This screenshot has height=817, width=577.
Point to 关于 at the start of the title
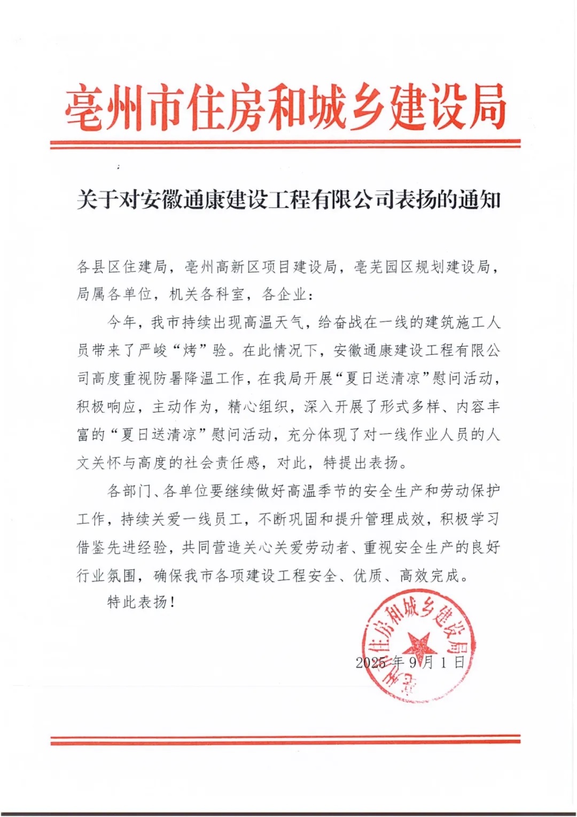[x=97, y=200]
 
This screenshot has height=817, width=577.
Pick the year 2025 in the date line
[x=371, y=663]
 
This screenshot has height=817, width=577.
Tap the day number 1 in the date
[x=443, y=663]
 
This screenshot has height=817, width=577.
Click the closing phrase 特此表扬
[x=138, y=602]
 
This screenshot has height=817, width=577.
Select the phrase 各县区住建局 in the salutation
[x=122, y=266]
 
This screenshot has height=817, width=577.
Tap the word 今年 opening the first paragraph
[x=122, y=322]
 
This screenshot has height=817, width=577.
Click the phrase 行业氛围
[x=107, y=575]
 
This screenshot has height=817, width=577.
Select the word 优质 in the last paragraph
[x=368, y=575]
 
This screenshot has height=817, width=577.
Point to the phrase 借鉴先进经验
[x=122, y=547]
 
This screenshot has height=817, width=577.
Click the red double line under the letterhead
[x=285, y=144]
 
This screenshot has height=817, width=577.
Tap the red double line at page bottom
[x=285, y=740]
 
